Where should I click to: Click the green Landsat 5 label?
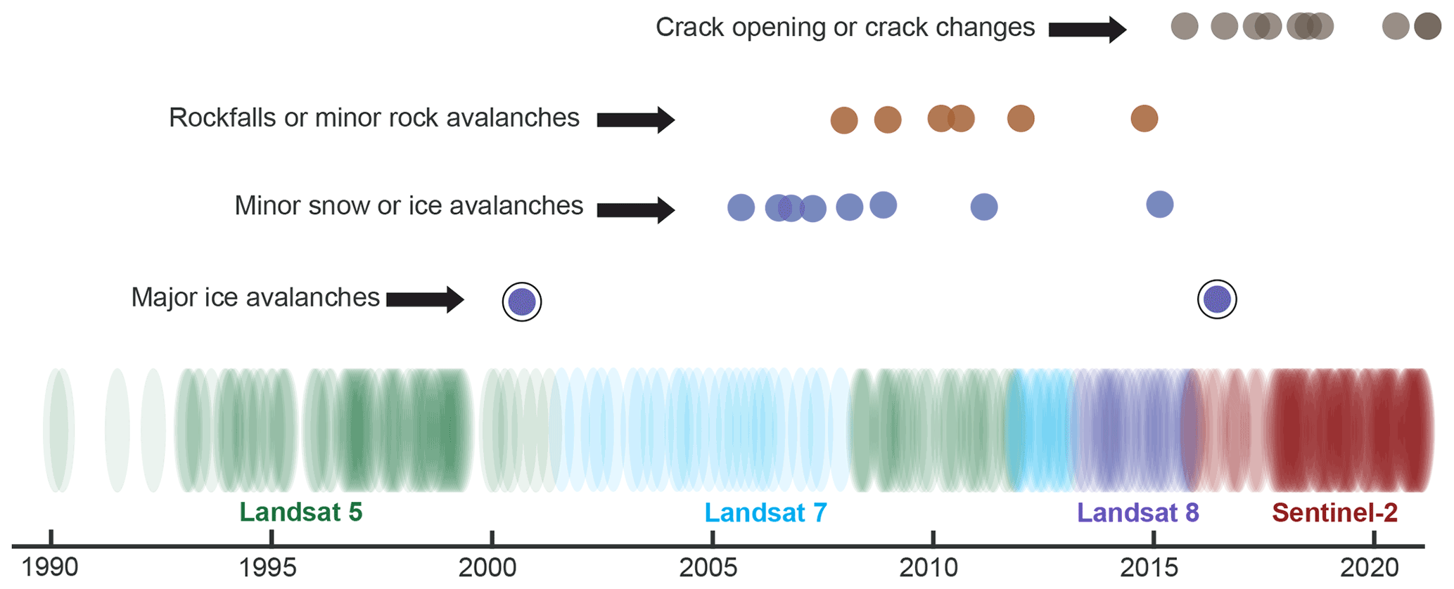(301, 512)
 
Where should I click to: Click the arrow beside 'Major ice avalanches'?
(425, 299)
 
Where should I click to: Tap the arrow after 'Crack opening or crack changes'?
(1088, 30)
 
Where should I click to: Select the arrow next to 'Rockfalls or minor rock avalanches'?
(636, 119)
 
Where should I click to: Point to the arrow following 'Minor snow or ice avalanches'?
(636, 209)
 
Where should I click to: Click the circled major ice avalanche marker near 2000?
(522, 302)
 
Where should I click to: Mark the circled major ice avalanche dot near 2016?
(1217, 299)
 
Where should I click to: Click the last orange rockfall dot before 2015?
(1144, 119)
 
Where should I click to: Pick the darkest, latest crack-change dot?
(1428, 27)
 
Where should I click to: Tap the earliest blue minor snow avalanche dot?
(741, 207)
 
